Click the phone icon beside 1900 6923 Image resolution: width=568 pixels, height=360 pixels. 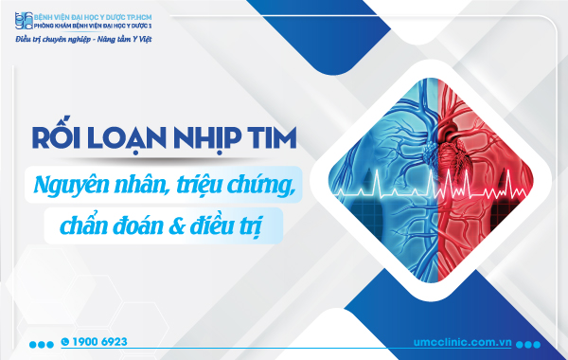65,340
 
